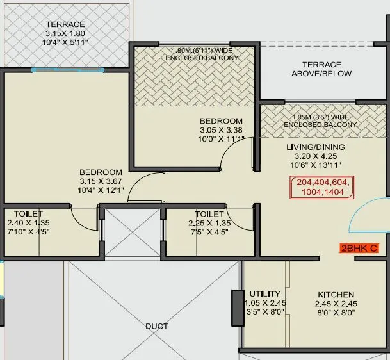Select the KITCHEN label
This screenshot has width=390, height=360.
(336, 295)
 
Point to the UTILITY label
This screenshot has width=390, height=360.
(265, 294)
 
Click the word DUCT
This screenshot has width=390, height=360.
(156, 326)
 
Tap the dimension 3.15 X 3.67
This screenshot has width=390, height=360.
(101, 181)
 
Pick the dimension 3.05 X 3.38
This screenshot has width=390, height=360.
(221, 130)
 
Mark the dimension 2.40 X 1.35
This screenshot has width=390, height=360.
(24, 222)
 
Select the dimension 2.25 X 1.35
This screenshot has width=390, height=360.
(209, 223)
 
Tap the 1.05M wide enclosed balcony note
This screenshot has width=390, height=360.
(323, 121)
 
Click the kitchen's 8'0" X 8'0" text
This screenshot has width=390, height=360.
(336, 313)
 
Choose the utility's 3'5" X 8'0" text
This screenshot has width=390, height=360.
(265, 313)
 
